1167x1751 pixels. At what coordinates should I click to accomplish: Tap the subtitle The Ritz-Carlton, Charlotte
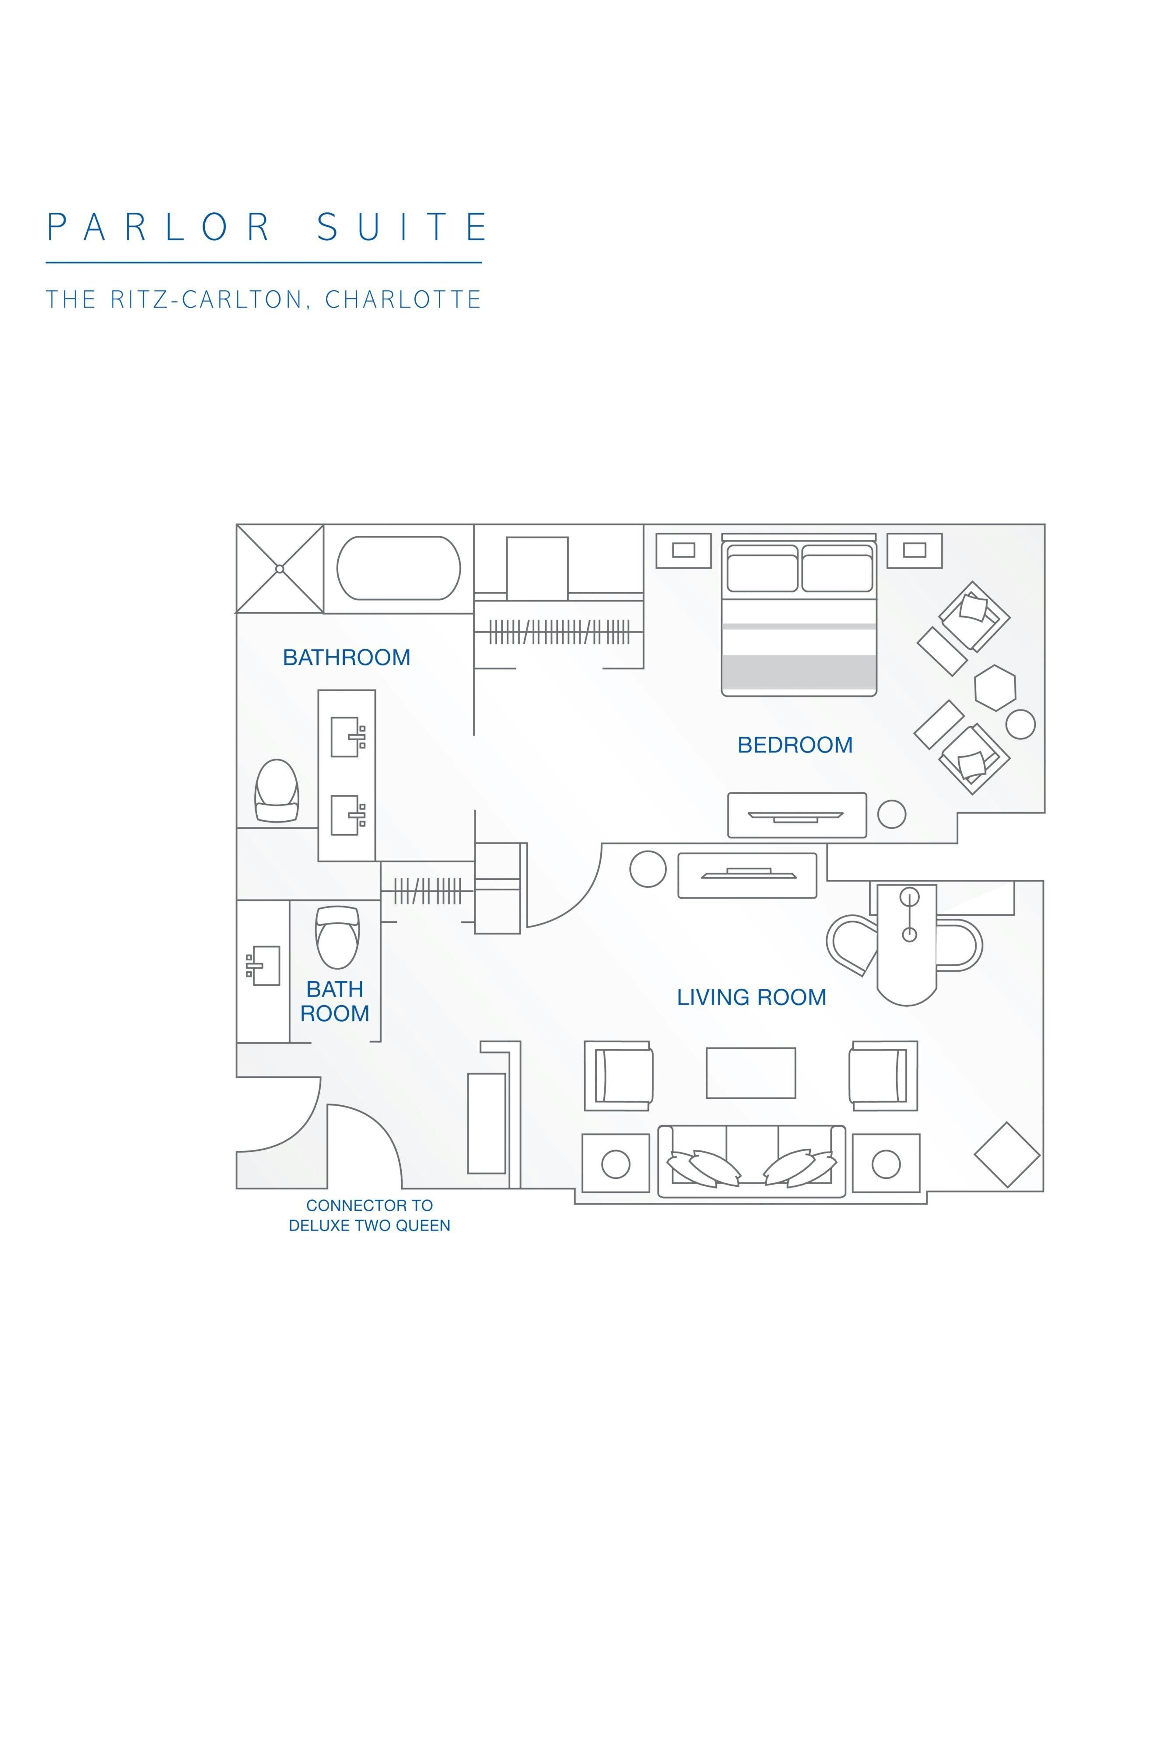point(263,299)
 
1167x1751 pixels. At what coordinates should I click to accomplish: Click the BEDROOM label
point(795,745)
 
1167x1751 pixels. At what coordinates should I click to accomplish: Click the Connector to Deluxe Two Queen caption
point(370,1215)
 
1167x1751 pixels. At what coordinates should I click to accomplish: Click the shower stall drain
point(280,569)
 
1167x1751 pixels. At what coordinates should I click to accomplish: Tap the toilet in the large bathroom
point(277,791)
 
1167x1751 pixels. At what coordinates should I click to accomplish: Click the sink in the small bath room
point(264,966)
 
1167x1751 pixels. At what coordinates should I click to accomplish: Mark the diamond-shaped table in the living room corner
point(1007,1155)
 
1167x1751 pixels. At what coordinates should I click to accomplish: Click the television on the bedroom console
point(796,816)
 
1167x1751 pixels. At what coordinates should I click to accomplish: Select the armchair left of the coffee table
point(618,1076)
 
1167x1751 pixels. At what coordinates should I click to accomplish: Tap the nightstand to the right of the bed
point(914,550)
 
